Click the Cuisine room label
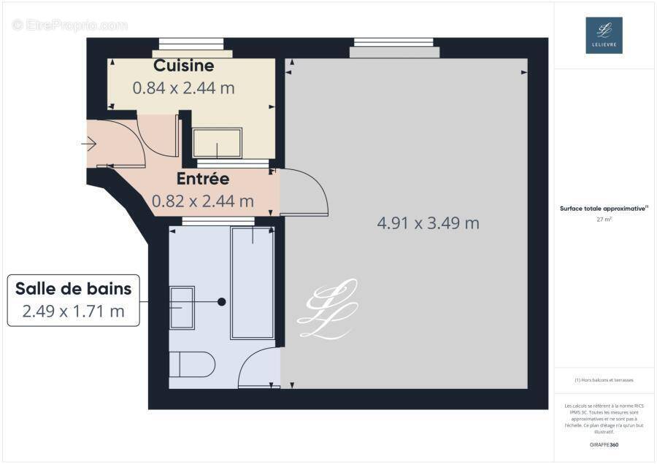pos(184,66)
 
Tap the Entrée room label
pos(203,179)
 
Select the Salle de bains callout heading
pos(74,288)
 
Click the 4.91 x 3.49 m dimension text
pos(428,223)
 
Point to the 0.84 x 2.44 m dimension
pos(183,88)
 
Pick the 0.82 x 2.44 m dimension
pos(203,201)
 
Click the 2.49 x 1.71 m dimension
pos(74,312)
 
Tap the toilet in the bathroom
pos(191,363)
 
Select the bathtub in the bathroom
pos(253,283)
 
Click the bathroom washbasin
pos(182,307)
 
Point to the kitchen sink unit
pos(218,143)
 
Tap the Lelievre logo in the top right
pos(604,35)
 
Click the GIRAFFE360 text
pos(604,444)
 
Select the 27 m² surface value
pos(604,218)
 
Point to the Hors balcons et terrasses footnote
pos(604,380)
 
